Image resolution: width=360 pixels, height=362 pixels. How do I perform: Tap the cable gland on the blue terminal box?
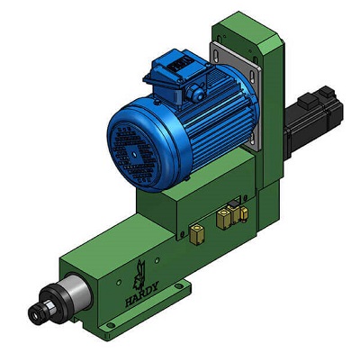coord(194,93)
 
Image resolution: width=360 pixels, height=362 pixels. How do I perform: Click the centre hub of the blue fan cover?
coord(133,153)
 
